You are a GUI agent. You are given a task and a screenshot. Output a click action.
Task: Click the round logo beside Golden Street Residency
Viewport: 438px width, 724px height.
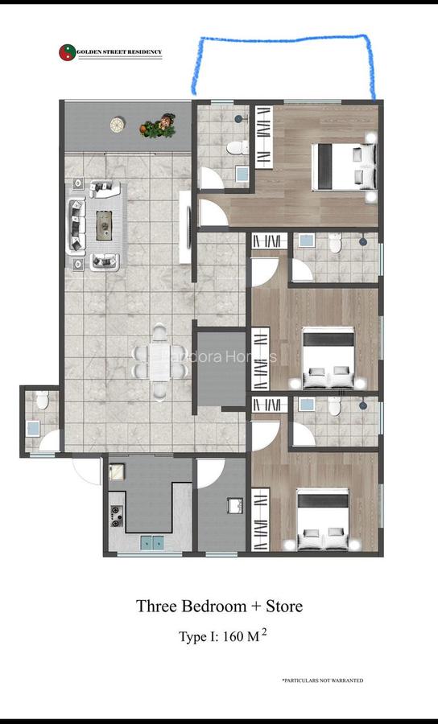coord(67,53)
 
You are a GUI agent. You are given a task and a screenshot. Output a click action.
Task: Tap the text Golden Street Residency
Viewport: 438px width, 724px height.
coord(119,53)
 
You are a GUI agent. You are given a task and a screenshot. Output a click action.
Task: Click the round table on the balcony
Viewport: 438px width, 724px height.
coord(118,124)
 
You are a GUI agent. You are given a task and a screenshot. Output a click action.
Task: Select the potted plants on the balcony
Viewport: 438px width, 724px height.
coord(159,125)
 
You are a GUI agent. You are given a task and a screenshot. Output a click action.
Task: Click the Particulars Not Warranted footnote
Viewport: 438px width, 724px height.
coord(322,681)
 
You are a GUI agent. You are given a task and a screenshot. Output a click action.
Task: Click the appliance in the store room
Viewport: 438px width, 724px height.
coord(235,505)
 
